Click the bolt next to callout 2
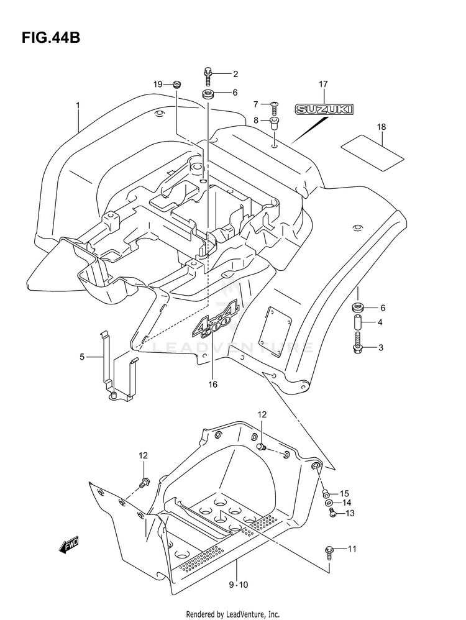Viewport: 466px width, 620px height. (208, 76)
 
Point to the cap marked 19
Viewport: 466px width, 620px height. (176, 84)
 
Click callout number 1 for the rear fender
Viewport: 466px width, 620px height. (78, 106)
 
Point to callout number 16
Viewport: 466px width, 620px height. (212, 385)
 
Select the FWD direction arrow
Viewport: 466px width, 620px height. (66, 545)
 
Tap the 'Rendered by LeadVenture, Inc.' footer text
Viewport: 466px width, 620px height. (232, 614)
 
